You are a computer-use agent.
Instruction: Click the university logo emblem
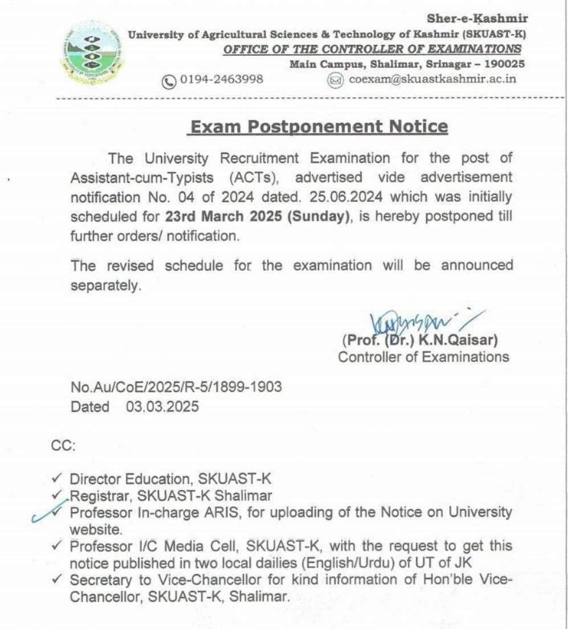pyautogui.click(x=93, y=54)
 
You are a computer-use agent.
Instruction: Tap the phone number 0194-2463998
pyautogui.click(x=222, y=79)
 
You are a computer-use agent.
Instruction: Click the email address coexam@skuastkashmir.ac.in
pyautogui.click(x=432, y=79)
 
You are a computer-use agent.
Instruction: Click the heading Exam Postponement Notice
pyautogui.click(x=318, y=126)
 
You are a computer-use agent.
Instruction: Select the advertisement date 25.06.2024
pyautogui.click(x=342, y=197)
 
